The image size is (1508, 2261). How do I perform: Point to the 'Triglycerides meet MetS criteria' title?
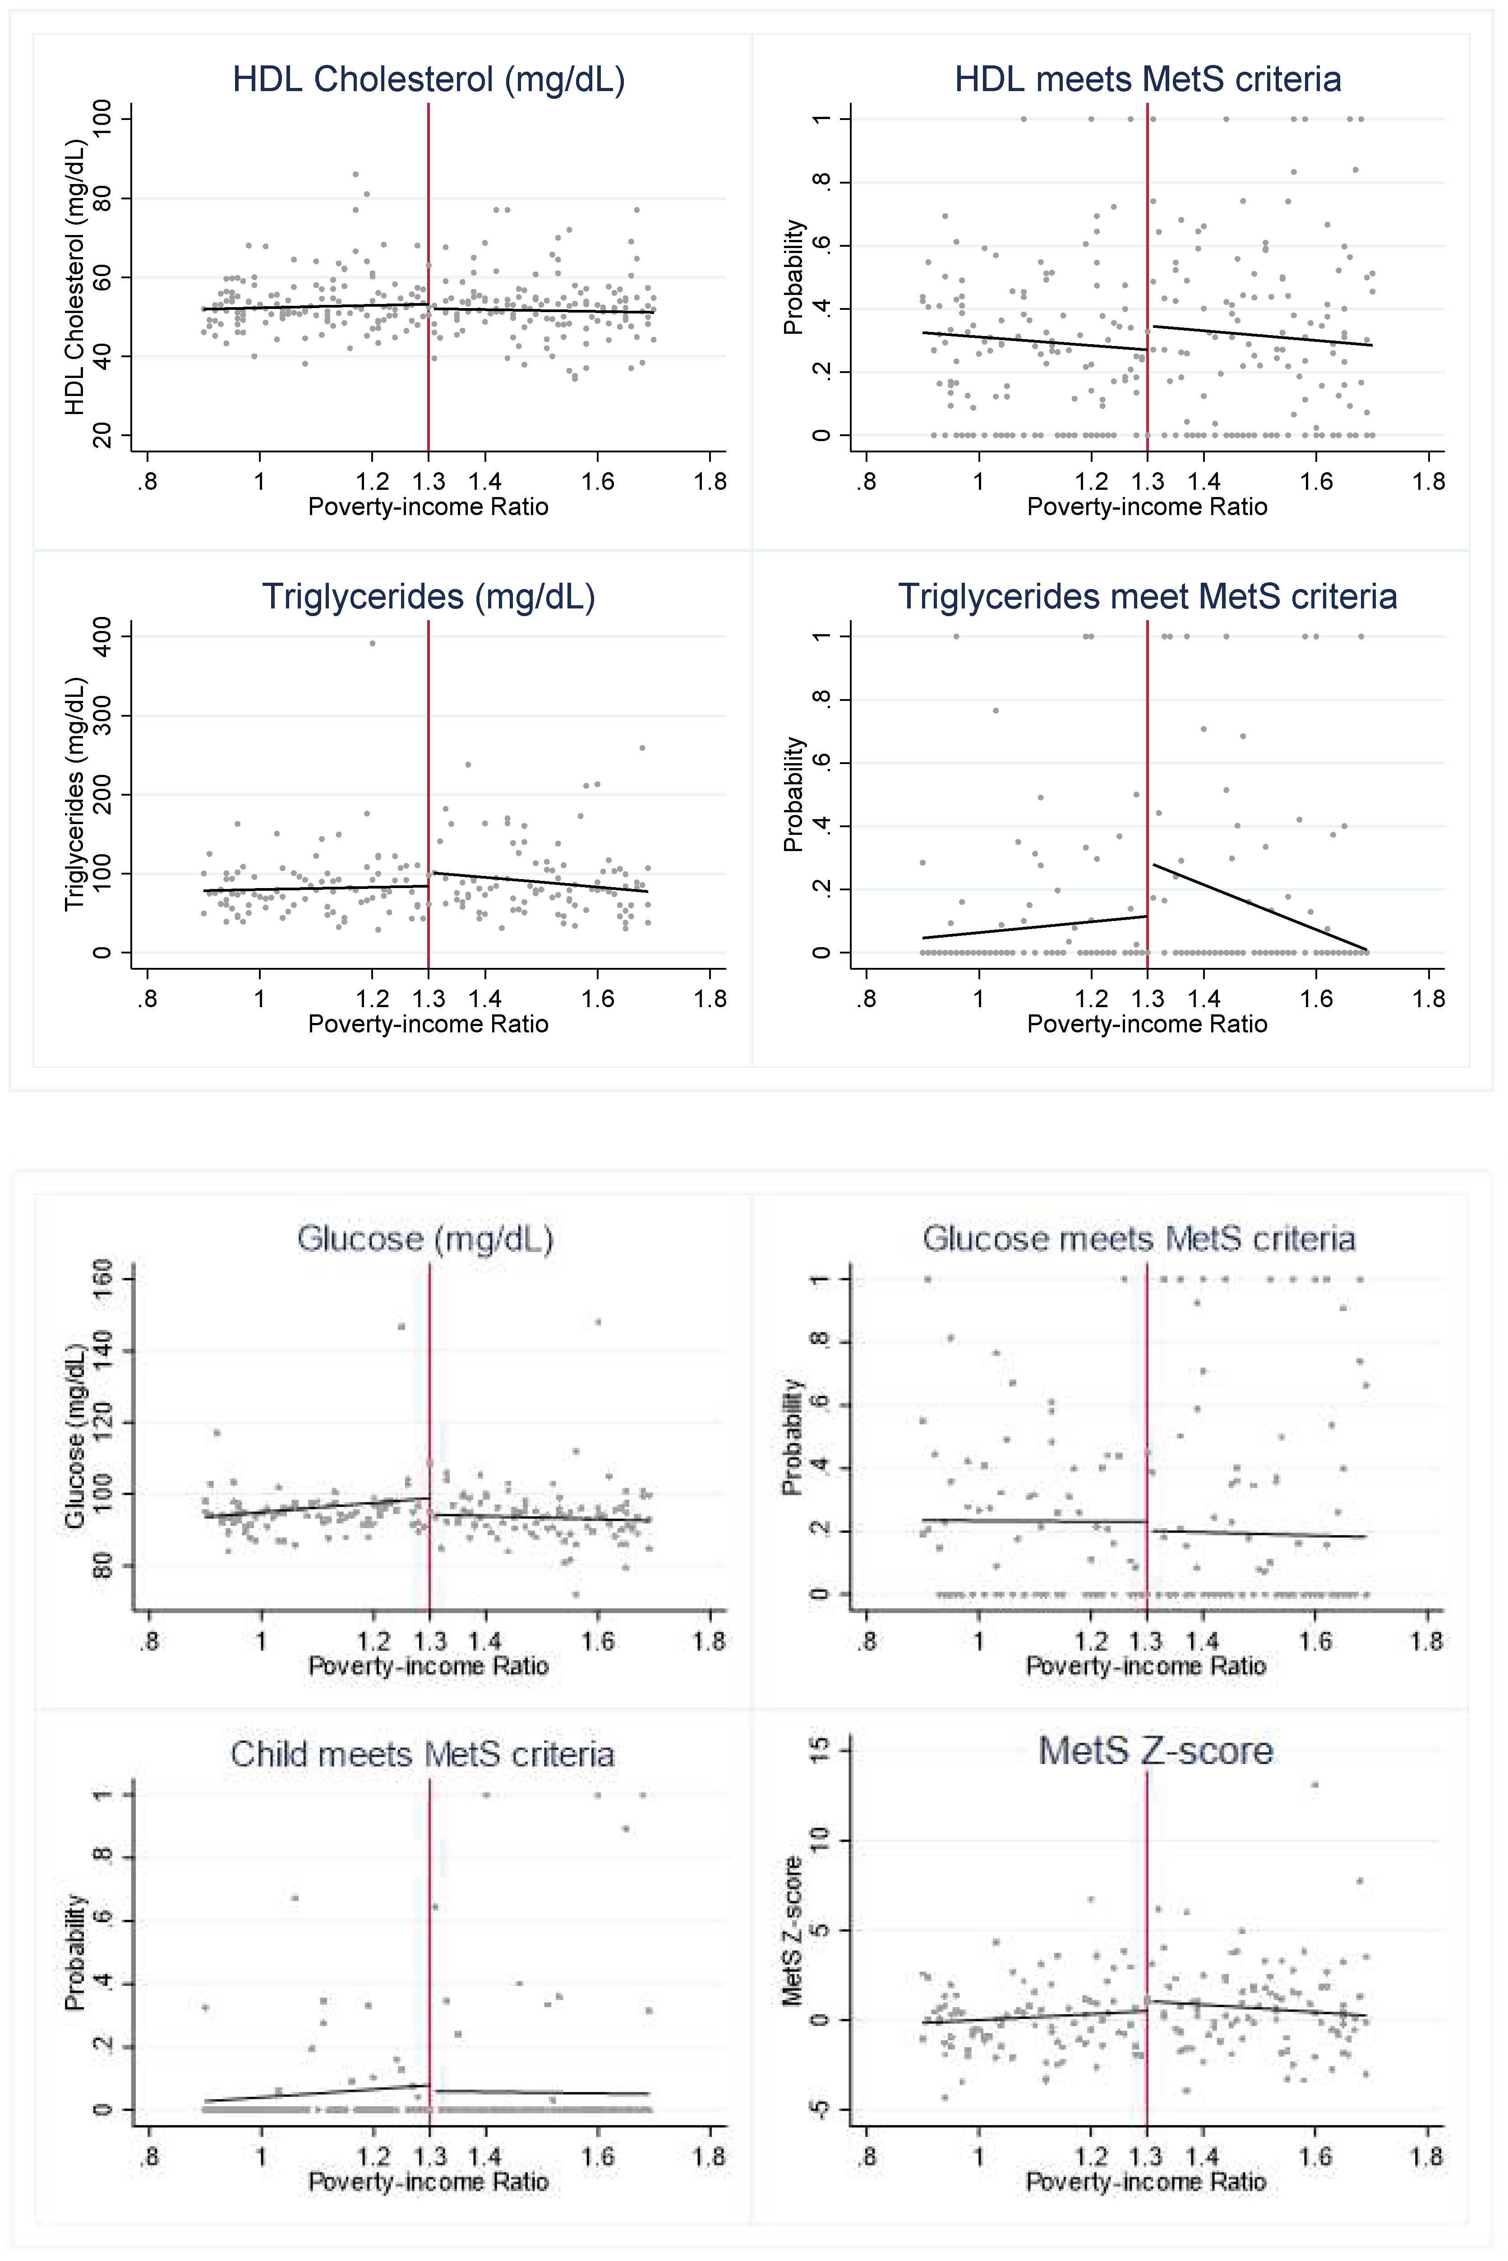click(x=1147, y=597)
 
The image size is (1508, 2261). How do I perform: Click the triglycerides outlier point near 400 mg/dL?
click(x=372, y=643)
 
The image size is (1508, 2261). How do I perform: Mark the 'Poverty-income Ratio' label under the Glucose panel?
click(x=428, y=1666)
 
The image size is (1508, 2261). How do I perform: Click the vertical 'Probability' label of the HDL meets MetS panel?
click(x=793, y=277)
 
